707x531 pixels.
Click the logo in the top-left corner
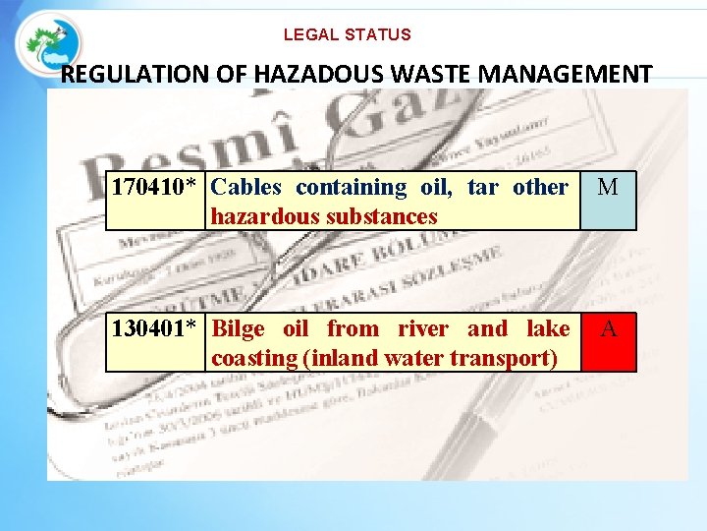pos(49,44)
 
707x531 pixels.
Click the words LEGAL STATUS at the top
pos(348,34)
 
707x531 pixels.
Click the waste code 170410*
pos(156,187)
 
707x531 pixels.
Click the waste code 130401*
pos(156,328)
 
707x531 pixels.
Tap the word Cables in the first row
pos(246,187)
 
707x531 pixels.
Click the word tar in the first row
pos(484,187)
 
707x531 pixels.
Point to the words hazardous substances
pos(324,216)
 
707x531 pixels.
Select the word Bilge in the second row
pos(239,328)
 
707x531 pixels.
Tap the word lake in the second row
pos(547,328)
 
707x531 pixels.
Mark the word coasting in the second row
pos(255,358)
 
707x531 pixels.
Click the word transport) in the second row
pos(503,358)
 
